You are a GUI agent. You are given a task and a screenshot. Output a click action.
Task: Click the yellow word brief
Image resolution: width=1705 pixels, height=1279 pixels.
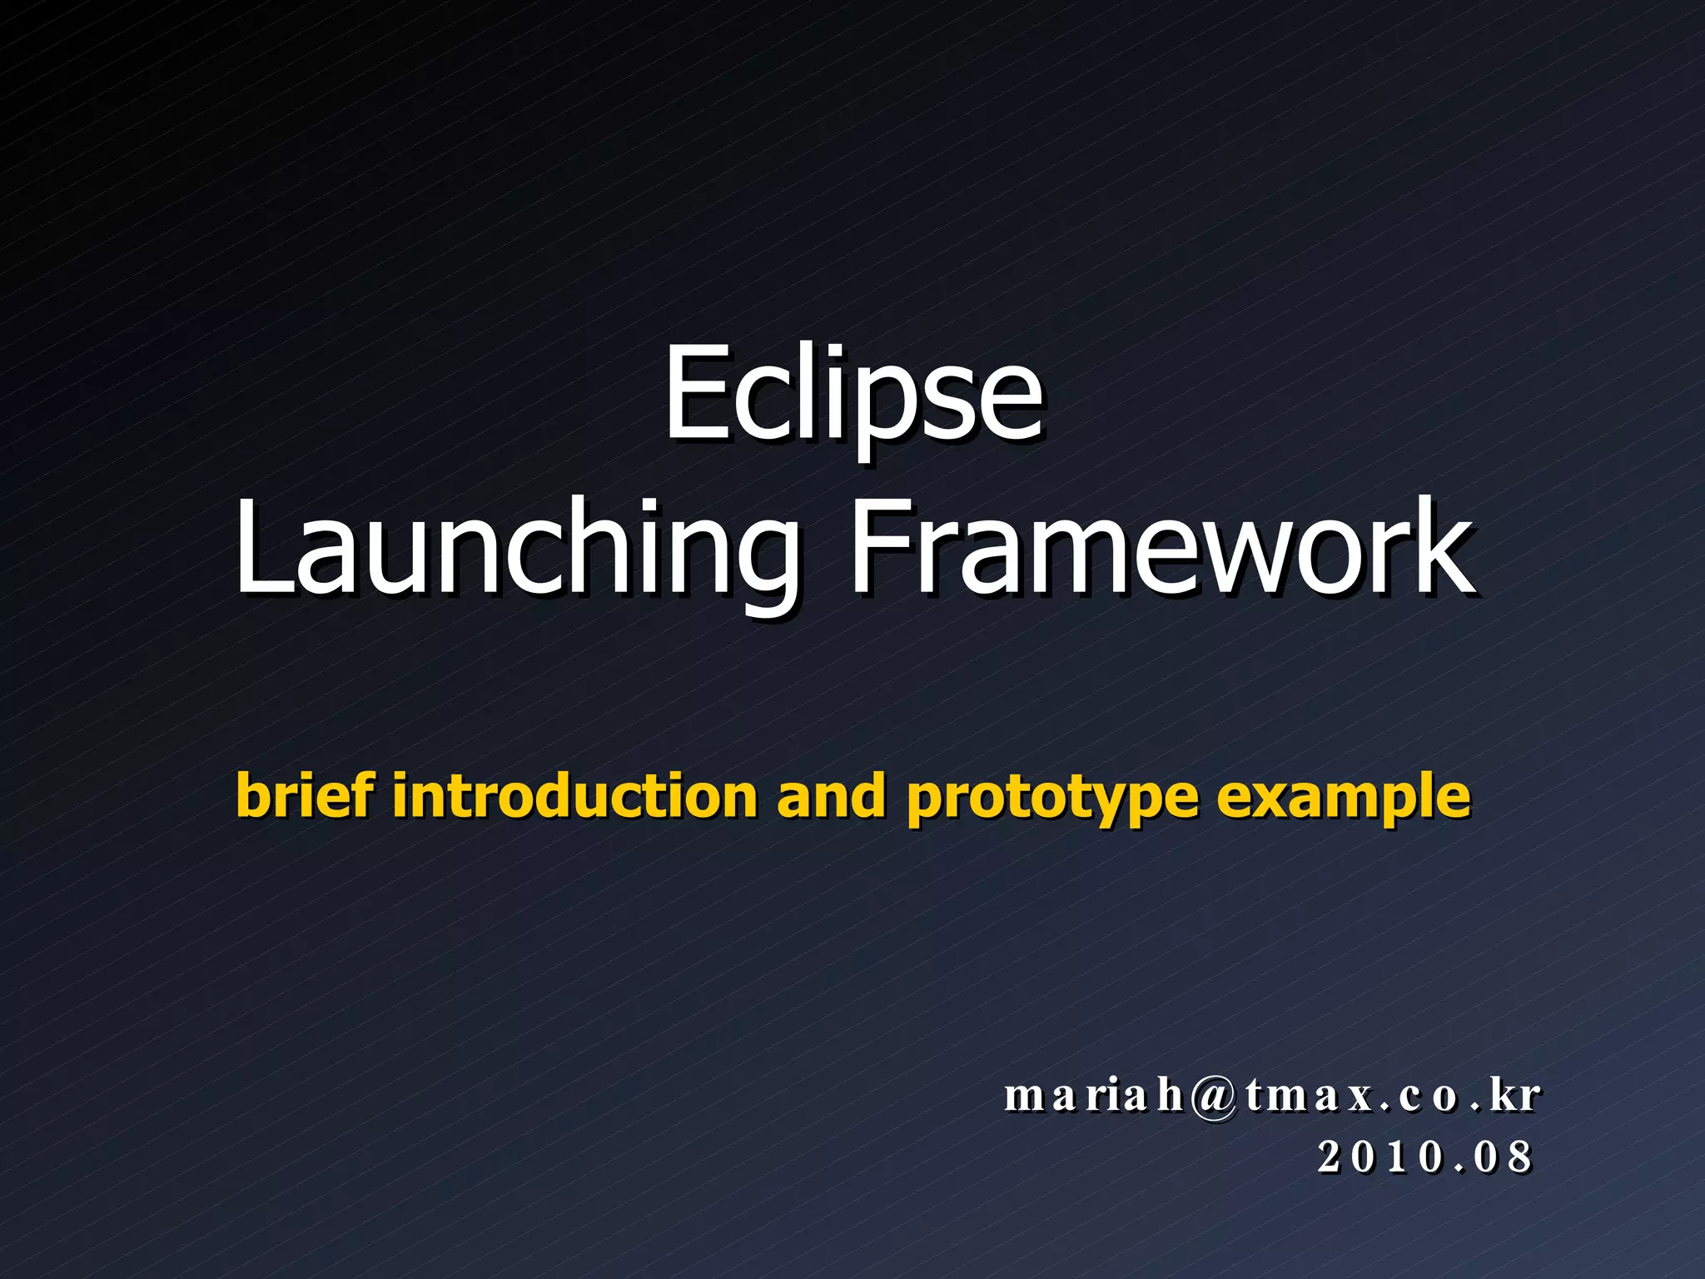305,795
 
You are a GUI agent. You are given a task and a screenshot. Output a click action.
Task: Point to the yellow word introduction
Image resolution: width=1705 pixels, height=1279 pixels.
574,795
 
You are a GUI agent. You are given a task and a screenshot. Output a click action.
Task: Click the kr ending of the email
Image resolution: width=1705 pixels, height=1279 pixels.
1515,1094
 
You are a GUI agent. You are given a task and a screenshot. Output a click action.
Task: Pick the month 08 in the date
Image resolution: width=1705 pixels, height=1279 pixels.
1504,1157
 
